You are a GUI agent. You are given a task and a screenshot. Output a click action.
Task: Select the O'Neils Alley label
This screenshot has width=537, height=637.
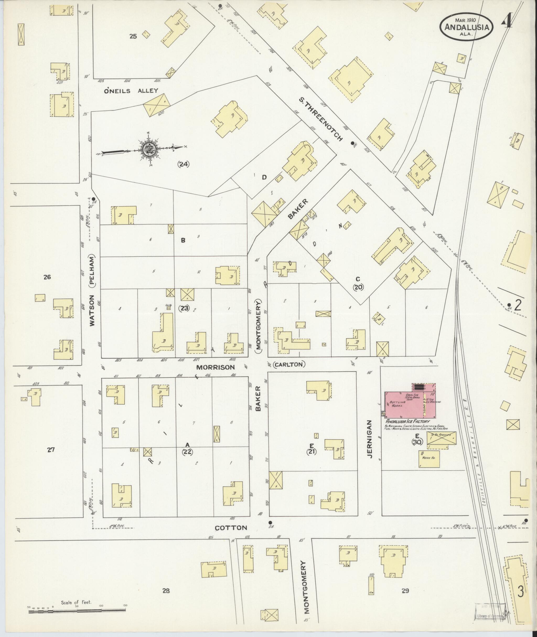coord(131,90)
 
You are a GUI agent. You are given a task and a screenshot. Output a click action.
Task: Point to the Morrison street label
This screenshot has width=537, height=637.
coord(216,367)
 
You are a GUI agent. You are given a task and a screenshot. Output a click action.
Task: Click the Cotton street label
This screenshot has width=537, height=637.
coord(231,528)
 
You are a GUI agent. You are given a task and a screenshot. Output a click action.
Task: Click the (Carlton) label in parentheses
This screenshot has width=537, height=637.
coord(289,365)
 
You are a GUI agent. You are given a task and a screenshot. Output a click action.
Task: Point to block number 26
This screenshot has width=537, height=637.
coord(47,277)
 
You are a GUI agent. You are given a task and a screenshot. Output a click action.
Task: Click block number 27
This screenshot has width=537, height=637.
coord(51,449)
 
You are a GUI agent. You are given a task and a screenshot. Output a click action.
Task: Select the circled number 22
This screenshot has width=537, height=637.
coord(187,452)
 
